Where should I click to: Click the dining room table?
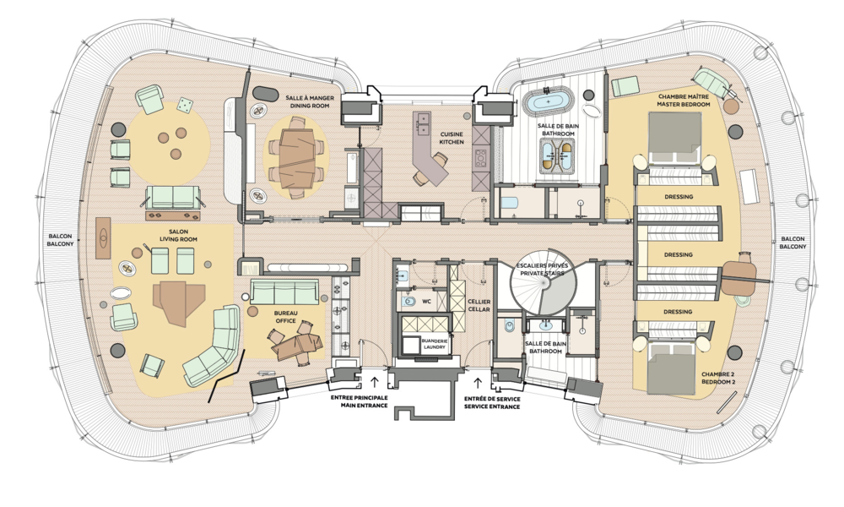[295, 157]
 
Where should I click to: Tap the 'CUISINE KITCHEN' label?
[452, 138]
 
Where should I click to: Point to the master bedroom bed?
[674, 137]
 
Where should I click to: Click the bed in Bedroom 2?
[673, 370]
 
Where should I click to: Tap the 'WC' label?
[426, 300]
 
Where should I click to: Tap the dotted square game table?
[184, 106]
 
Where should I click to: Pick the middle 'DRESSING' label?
[678, 254]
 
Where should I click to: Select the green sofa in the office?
[285, 293]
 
